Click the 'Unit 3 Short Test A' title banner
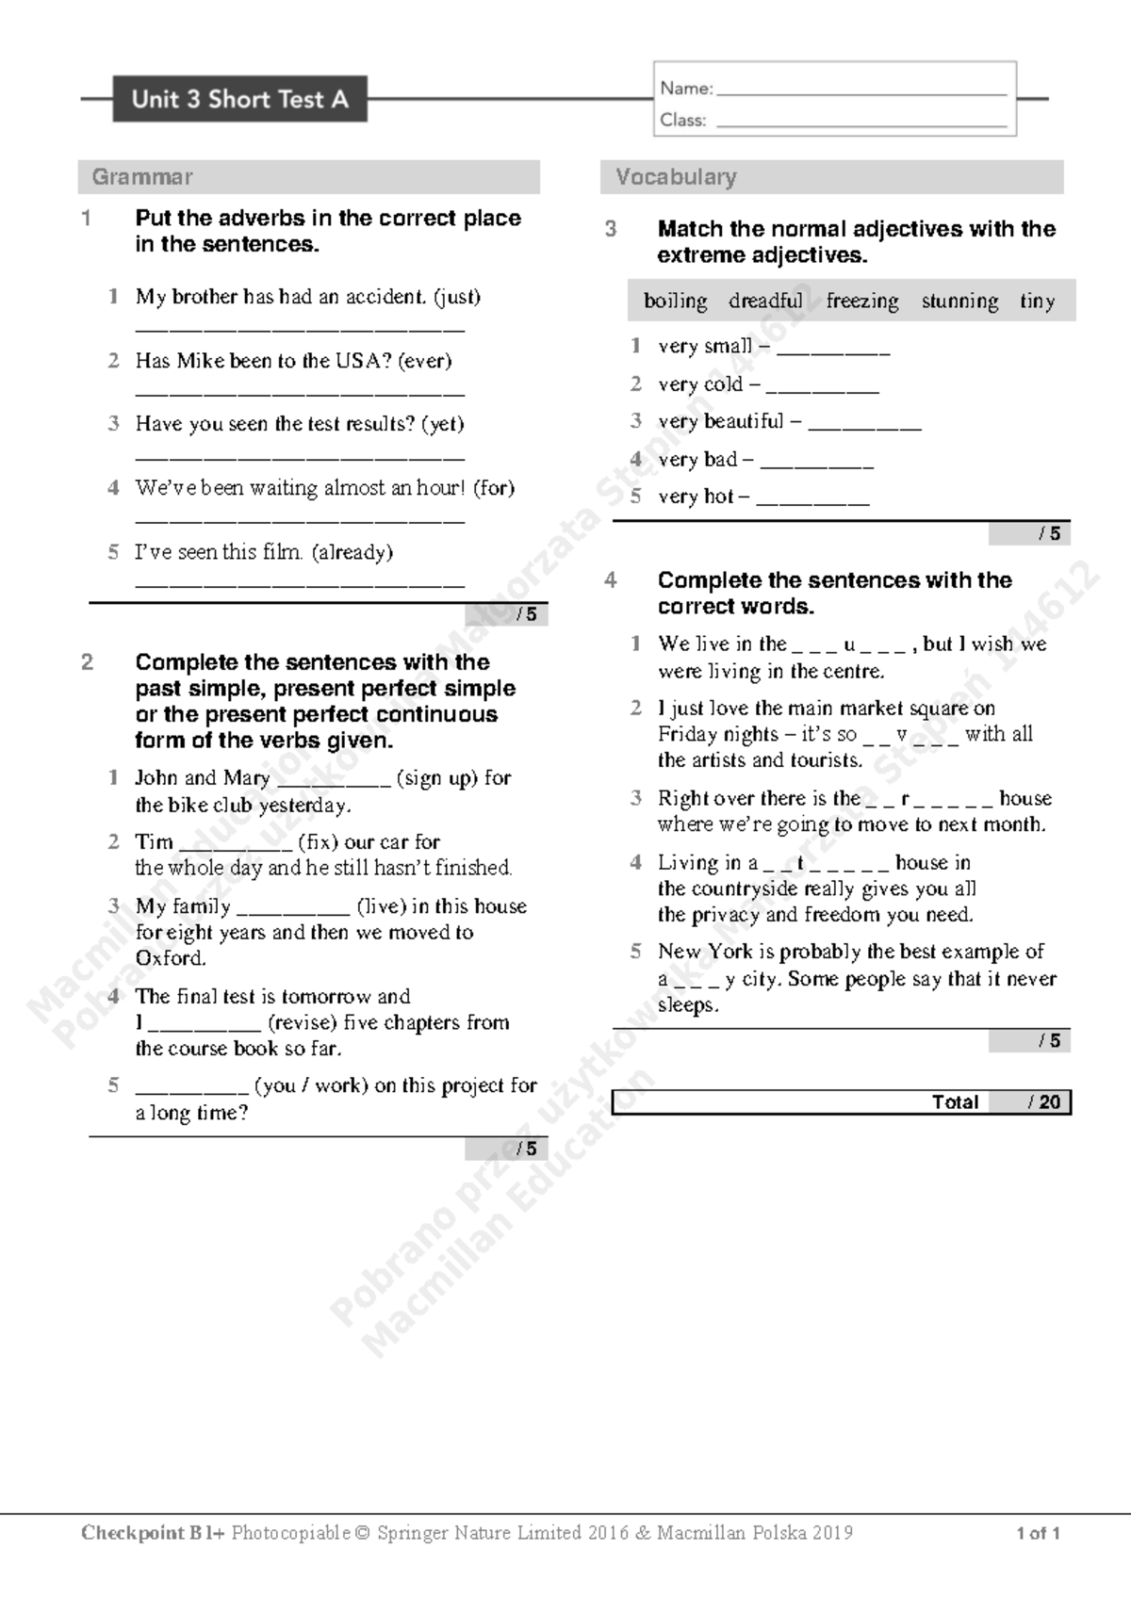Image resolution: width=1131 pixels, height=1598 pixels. coord(239,99)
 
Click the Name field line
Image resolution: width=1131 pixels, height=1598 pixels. coord(861,92)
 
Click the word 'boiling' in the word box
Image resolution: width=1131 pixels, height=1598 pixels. coord(675,301)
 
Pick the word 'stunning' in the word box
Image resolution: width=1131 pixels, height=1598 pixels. coord(959,301)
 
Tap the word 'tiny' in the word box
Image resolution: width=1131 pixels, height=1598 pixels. coord(1037,301)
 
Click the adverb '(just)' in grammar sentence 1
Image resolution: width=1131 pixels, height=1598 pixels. coord(457,297)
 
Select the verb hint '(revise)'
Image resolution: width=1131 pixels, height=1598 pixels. coord(303,1022)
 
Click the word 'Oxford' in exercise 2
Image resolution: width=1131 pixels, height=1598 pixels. coord(169,958)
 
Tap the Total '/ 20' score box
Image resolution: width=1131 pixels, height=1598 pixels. coord(1044,1102)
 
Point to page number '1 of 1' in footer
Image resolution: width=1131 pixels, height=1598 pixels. coord(1038,1533)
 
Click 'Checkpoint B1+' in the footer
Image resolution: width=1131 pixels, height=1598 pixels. coord(153,1533)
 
